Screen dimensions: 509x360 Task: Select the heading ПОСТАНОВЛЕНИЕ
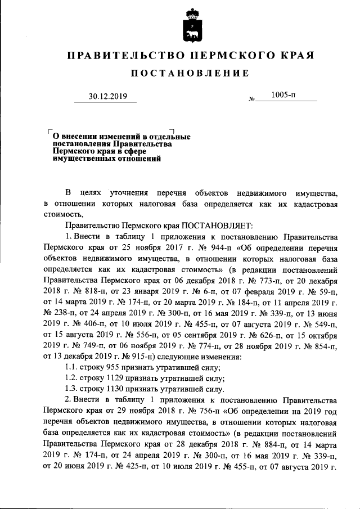click(x=190, y=74)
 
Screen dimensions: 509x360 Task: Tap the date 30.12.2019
click(x=109, y=96)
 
